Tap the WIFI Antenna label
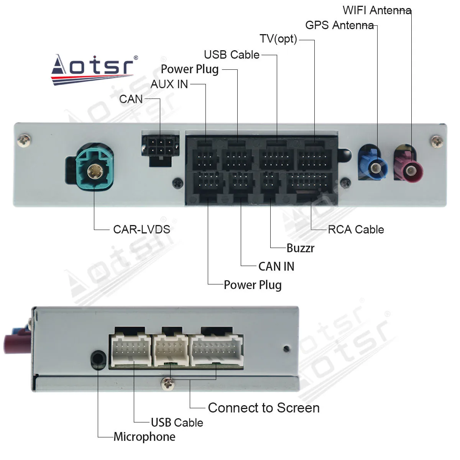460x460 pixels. click(376, 10)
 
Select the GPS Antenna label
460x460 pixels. click(339, 25)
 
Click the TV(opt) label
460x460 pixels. click(278, 39)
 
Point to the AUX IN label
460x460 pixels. click(169, 84)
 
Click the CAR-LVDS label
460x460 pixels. click(141, 229)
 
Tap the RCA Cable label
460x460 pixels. click(356, 229)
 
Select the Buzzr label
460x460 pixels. click(300, 248)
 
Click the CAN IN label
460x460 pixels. click(276, 266)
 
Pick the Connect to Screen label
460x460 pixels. click(263, 408)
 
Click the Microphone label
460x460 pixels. click(145, 437)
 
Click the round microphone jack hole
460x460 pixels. click(99, 360)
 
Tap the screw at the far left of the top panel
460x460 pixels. click(25, 140)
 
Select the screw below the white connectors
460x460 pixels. click(168, 383)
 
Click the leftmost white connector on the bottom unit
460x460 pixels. click(131, 350)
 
